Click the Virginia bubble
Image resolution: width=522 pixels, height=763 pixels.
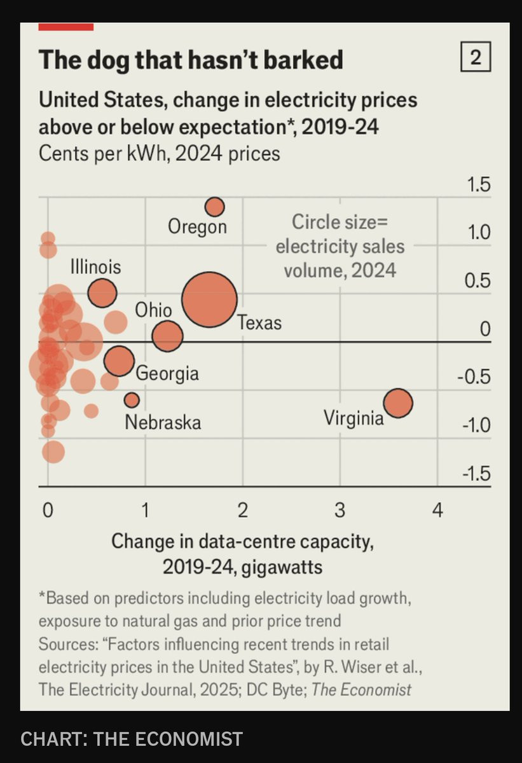pyautogui.click(x=398, y=403)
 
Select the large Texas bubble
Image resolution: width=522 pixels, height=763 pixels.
pyautogui.click(x=209, y=299)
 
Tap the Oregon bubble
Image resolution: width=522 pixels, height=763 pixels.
pyautogui.click(x=215, y=207)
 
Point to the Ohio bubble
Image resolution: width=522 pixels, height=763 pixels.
pyautogui.click(x=167, y=336)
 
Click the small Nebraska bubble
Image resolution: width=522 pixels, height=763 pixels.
pyautogui.click(x=132, y=400)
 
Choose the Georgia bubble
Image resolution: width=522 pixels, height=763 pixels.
pyautogui.click(x=119, y=361)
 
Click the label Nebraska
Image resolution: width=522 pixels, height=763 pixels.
pyautogui.click(x=163, y=422)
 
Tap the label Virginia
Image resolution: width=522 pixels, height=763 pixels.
pyautogui.click(x=354, y=418)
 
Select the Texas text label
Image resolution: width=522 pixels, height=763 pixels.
pyautogui.click(x=259, y=322)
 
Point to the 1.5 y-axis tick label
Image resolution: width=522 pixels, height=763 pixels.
pyautogui.click(x=478, y=186)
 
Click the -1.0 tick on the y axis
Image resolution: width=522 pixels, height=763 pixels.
pyautogui.click(x=476, y=425)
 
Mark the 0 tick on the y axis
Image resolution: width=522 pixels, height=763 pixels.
pyautogui.click(x=485, y=329)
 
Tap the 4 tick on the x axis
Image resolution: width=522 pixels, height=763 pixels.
pyautogui.click(x=437, y=510)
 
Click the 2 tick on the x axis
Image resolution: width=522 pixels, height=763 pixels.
pyautogui.click(x=242, y=510)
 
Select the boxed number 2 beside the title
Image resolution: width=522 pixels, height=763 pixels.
pyautogui.click(x=475, y=59)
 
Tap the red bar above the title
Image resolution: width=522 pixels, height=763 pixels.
pyautogui.click(x=66, y=27)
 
